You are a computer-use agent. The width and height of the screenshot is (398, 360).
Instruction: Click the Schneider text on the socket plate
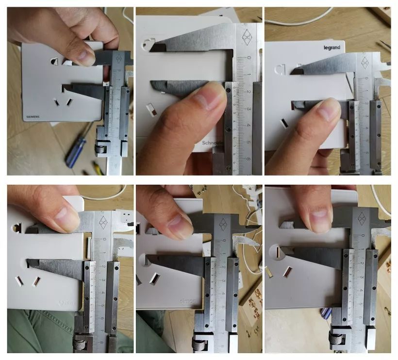tap(213, 143)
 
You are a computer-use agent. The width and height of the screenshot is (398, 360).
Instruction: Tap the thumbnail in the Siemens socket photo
tap(86, 57)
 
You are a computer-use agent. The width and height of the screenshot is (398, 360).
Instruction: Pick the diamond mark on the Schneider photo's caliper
tap(247, 37)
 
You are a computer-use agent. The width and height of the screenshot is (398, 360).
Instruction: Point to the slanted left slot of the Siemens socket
tap(57, 102)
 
